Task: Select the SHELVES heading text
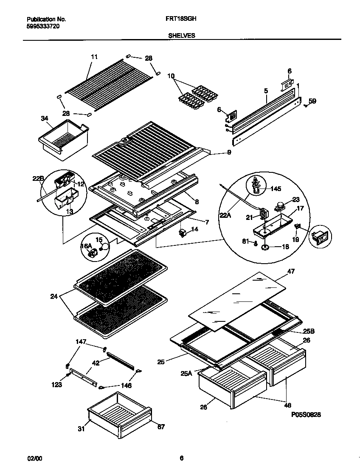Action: click(181, 36)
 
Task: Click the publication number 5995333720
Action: click(43, 26)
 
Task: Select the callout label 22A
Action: click(226, 216)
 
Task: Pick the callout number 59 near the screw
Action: click(312, 101)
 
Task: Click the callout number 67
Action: click(161, 427)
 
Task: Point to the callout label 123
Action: click(56, 385)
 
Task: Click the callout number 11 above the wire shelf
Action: click(94, 56)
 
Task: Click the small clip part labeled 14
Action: click(183, 233)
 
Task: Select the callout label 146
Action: click(126, 385)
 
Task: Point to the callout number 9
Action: click(229, 152)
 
